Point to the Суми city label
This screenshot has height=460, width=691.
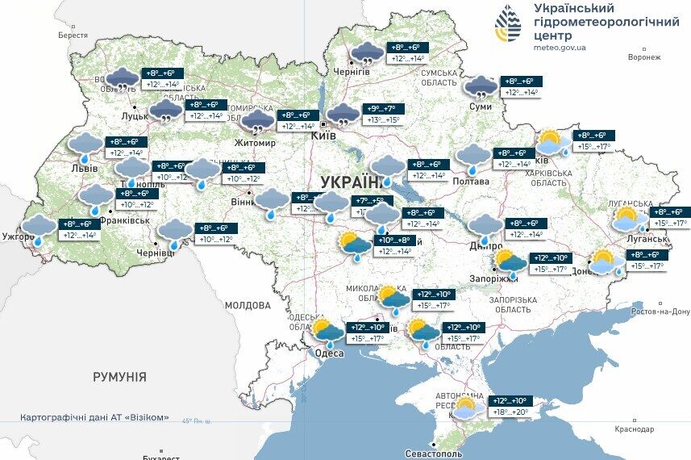pos(481,107)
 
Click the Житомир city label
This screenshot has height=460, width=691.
pos(255,143)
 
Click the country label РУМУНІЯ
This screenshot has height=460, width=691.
pos(119,377)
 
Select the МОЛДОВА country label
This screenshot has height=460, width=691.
pos(248,306)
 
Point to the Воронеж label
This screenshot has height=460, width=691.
pos(644,57)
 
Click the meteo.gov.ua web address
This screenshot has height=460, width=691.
pos(560,48)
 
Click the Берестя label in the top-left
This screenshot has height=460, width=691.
pos(73,36)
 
